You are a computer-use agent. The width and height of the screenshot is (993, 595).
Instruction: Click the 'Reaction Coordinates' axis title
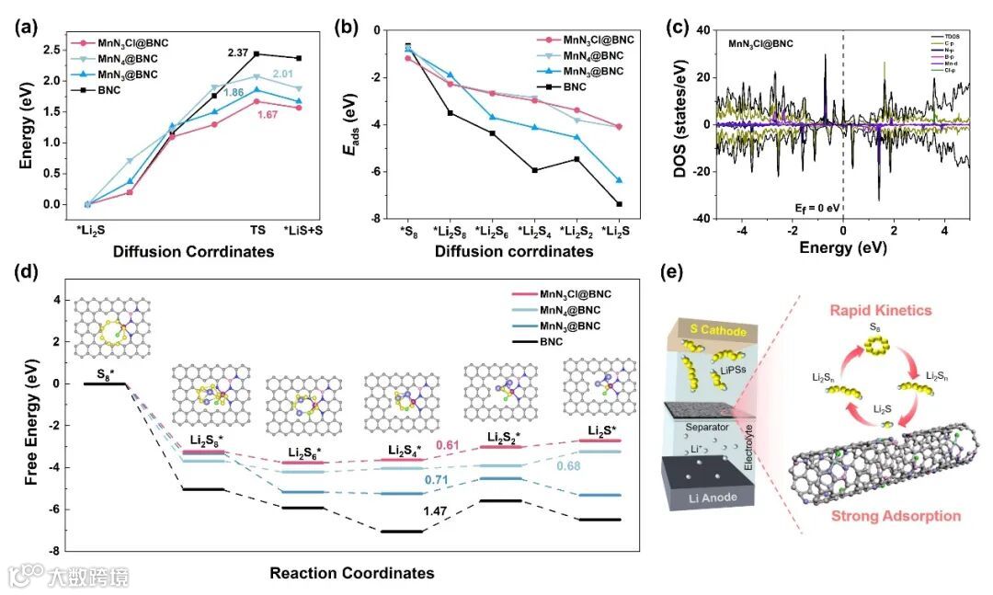tap(351, 573)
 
